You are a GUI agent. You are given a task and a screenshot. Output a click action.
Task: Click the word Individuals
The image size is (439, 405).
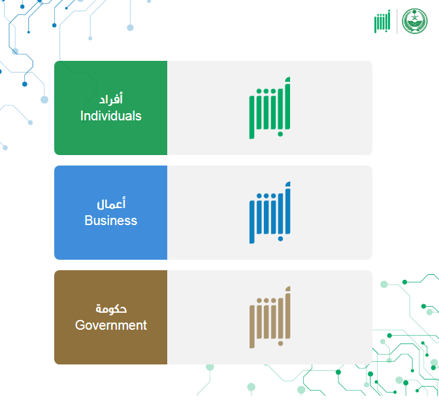coord(111,116)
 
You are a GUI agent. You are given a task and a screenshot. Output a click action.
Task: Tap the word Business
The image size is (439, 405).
coord(111,220)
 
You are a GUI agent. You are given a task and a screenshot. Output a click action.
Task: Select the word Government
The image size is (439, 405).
coord(111,325)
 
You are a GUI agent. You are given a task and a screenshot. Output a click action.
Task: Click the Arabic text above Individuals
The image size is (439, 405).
coord(111,99)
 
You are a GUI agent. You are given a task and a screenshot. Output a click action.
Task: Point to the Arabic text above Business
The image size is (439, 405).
coord(111,203)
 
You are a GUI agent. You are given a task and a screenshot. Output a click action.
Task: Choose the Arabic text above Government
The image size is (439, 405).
coord(111,309)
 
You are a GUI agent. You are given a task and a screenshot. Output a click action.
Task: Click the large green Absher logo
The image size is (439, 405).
coord(270,108)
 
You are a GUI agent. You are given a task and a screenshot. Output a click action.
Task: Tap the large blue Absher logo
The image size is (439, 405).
coord(270,213)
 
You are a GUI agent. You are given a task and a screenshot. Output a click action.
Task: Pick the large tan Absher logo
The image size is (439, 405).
coord(270,317)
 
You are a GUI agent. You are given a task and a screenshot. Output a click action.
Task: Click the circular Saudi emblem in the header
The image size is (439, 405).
coord(415,22)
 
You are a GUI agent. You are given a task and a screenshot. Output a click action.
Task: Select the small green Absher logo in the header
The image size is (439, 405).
coord(382,22)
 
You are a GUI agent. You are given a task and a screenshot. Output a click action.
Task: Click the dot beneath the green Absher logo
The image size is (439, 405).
coord(280,134)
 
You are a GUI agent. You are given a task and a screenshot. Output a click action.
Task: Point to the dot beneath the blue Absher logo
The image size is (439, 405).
coord(280,239)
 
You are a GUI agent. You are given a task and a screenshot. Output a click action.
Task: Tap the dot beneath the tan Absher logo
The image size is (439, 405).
coord(280,343)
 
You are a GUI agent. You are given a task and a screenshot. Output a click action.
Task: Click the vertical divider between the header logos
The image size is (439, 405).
coord(397,22)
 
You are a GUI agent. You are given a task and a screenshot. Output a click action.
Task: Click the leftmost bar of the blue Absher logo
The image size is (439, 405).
coord(252,222)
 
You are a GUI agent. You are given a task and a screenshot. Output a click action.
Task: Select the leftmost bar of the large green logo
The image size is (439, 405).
coord(252,117)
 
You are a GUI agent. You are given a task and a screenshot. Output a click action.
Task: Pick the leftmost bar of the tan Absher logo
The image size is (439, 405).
coord(252,326)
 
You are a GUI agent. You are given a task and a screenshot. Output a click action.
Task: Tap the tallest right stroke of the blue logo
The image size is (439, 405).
coord(287,208)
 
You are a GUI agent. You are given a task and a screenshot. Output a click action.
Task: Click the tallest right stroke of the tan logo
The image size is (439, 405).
coord(287,313)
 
